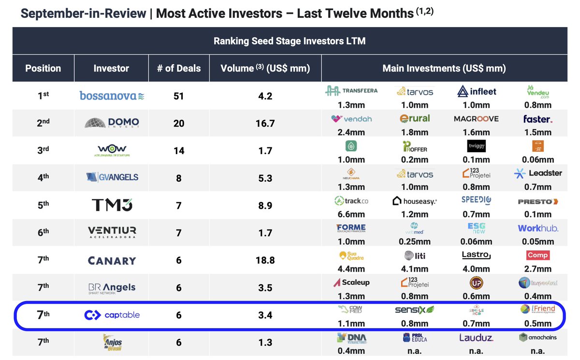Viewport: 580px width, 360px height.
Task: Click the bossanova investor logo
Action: (x=112, y=96)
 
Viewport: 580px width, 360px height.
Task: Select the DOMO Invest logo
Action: (x=112, y=123)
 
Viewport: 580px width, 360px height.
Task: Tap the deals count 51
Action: (x=179, y=96)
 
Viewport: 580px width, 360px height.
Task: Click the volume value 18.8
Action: (x=266, y=260)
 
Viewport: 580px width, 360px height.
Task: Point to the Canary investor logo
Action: (x=112, y=260)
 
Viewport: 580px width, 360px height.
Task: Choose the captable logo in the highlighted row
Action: (x=112, y=315)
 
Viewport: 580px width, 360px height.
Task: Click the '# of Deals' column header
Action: (x=179, y=68)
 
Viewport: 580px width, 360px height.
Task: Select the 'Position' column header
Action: (x=43, y=68)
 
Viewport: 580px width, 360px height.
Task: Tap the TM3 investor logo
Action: (x=112, y=205)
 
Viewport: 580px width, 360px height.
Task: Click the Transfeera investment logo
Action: (x=351, y=91)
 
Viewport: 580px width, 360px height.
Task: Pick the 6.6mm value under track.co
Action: (x=351, y=214)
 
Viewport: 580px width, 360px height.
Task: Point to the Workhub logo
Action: (x=537, y=228)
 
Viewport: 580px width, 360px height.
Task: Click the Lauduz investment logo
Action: (x=476, y=338)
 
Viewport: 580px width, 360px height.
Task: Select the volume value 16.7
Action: (x=266, y=123)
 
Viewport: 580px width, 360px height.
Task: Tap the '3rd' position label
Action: (x=43, y=150)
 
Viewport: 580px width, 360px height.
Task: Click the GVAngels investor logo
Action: (x=112, y=177)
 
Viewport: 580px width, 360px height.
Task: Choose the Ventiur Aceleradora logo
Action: (x=112, y=232)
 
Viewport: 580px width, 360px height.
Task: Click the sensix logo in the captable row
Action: (x=414, y=310)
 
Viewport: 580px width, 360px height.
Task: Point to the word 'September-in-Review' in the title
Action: (x=83, y=13)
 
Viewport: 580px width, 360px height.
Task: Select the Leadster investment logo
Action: (x=537, y=173)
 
